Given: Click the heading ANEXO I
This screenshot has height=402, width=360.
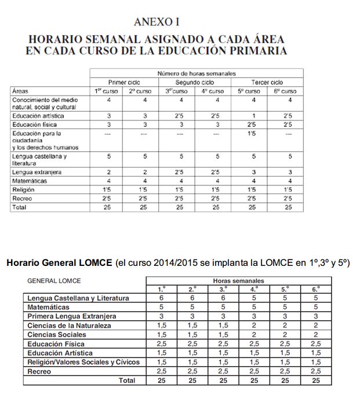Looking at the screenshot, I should coord(157,22).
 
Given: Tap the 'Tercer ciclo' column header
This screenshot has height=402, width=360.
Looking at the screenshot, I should coord(268,82).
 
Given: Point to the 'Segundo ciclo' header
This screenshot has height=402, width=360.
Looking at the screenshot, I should coord(197,82).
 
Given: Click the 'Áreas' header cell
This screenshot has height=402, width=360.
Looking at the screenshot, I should coord(20,91).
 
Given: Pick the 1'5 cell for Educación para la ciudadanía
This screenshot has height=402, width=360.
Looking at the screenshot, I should coord(250,133).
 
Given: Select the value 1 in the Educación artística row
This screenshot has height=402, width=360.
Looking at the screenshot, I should coord(250,116).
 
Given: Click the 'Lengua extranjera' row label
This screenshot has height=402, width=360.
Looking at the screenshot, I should coord(37,172).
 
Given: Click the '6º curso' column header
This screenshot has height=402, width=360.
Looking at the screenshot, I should coord(285,91).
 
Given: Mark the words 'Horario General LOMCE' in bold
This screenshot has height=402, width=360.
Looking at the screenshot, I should coord(60,262).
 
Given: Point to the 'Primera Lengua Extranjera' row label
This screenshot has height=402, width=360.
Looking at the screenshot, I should coord(72,316).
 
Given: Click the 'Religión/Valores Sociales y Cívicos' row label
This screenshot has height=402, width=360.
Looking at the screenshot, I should coord(83,362).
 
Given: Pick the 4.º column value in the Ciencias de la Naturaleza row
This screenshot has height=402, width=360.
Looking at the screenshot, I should coord(254,326).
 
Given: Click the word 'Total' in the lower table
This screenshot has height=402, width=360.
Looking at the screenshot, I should coord(126,381).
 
